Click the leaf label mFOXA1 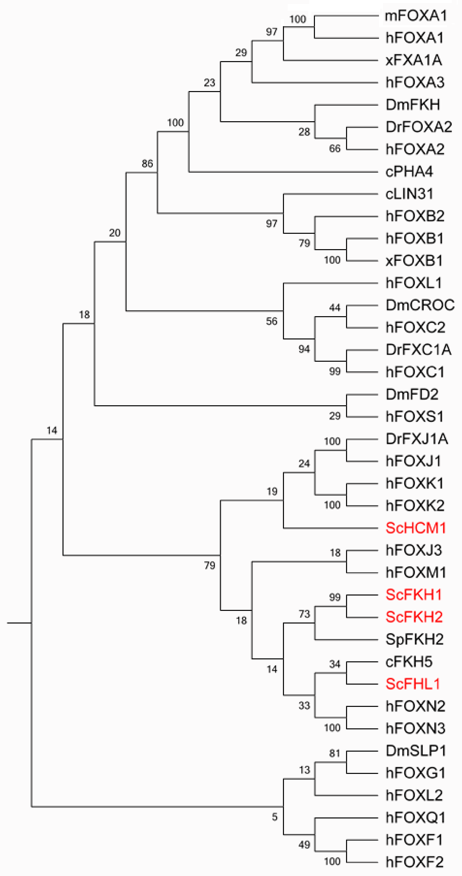pyautogui.click(x=415, y=16)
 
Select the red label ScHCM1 pyautogui.click(x=415, y=528)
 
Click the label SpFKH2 pyautogui.click(x=414, y=640)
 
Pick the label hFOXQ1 pyautogui.click(x=415, y=817)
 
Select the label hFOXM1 pyautogui.click(x=416, y=573)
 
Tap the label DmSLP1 pyautogui.click(x=416, y=751)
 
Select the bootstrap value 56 pyautogui.click(x=272, y=321)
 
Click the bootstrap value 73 pyautogui.click(x=304, y=614)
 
